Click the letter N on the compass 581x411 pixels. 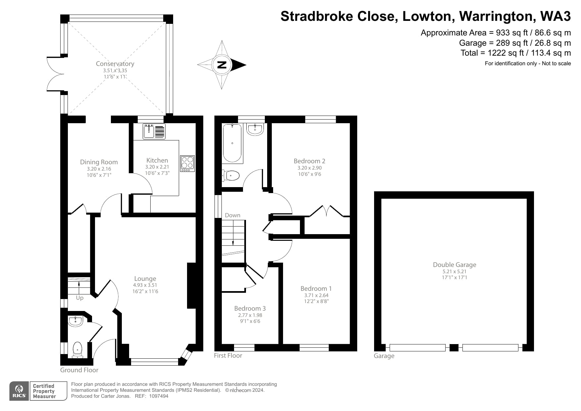[x=221, y=65]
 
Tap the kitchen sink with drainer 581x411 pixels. [x=154, y=131]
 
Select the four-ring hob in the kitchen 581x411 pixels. [x=187, y=163]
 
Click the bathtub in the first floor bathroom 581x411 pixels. [x=232, y=143]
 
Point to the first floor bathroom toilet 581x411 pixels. [x=231, y=176]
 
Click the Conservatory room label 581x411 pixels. [x=115, y=64]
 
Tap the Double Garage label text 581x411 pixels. [x=454, y=265]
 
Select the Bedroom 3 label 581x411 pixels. [x=250, y=308]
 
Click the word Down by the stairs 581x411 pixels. [x=232, y=215]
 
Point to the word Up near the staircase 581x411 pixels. [x=79, y=298]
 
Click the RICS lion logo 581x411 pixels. [x=19, y=391]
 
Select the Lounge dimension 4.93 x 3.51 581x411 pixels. [x=145, y=285]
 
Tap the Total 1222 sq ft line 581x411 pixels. [x=515, y=53]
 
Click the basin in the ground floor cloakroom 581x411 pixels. [x=75, y=321]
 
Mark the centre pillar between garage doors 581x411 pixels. [x=454, y=348]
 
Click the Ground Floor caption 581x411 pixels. [x=79, y=370]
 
